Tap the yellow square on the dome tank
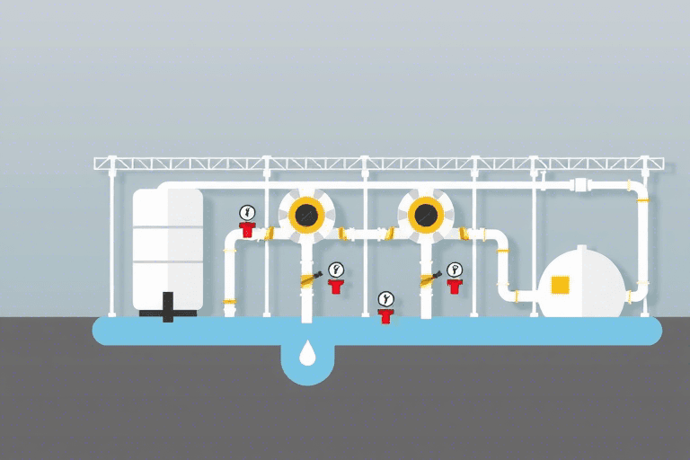coord(560,285)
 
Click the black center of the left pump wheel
coord(307,214)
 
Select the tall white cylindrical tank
coord(167,246)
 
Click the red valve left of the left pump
coord(247,230)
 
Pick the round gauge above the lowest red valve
coord(385,297)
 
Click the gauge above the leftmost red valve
coord(247,213)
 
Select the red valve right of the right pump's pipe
coord(454,286)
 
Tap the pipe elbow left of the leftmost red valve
coord(230,237)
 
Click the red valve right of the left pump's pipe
coord(335,287)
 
